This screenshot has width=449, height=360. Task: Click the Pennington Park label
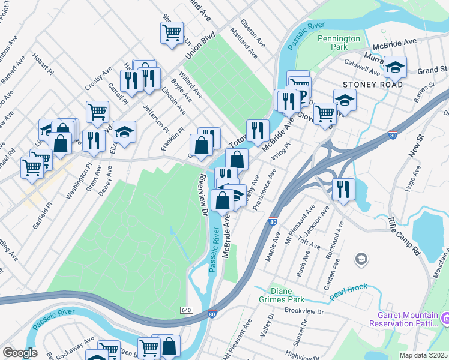[x=339, y=42]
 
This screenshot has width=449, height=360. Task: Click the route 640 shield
[x=185, y=310]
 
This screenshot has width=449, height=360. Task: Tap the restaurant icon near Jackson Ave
[x=343, y=189]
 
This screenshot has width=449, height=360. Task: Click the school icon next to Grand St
[x=395, y=67]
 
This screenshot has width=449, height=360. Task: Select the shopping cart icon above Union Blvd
[x=172, y=32]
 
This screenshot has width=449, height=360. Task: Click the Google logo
[x=20, y=353]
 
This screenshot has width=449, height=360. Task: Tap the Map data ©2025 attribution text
[x=423, y=355]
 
